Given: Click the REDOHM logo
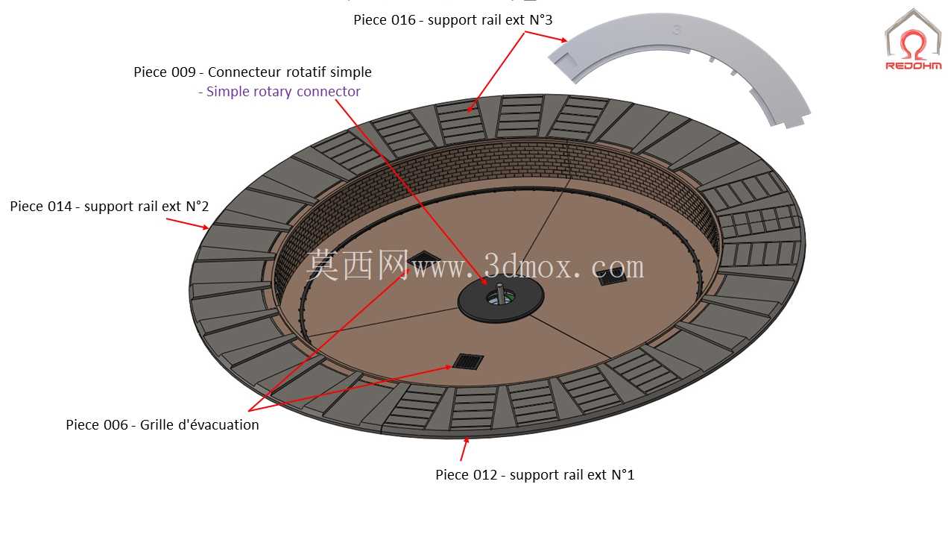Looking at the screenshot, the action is [913, 40].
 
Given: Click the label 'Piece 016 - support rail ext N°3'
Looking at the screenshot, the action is [453, 20].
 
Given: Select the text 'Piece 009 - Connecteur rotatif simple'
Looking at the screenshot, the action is [253, 72].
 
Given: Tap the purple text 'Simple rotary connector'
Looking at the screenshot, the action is [283, 91].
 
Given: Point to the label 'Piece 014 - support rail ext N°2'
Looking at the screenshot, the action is [110, 207].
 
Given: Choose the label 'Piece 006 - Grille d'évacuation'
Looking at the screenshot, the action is [162, 425].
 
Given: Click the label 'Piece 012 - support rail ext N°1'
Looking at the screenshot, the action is [535, 474].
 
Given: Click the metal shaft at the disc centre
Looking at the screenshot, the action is [499, 293].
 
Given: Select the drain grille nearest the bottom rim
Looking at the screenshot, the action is [468, 362].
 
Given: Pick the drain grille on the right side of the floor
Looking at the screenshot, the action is [611, 277].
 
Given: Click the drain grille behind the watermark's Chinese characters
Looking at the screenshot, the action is [423, 258].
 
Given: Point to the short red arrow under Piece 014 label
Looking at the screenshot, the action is [187, 224].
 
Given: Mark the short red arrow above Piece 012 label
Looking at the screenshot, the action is [464, 449].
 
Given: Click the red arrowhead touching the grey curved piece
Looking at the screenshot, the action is [563, 40].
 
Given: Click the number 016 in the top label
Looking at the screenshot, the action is [403, 20].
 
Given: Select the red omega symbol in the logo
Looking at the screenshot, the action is [913, 44].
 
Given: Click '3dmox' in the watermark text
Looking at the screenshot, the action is [526, 267].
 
